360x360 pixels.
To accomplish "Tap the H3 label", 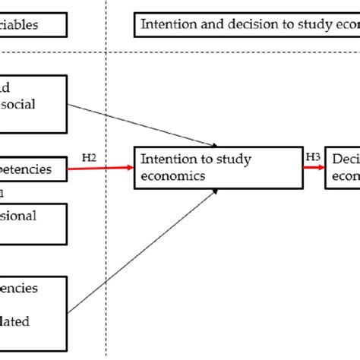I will [312, 156].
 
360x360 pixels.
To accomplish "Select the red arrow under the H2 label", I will [102, 168].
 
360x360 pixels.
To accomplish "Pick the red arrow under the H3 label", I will [312, 168].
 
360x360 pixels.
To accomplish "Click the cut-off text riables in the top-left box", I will [30, 25].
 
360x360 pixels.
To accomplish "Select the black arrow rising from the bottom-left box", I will [144, 243].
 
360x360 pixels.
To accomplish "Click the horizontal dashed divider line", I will [228, 52].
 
